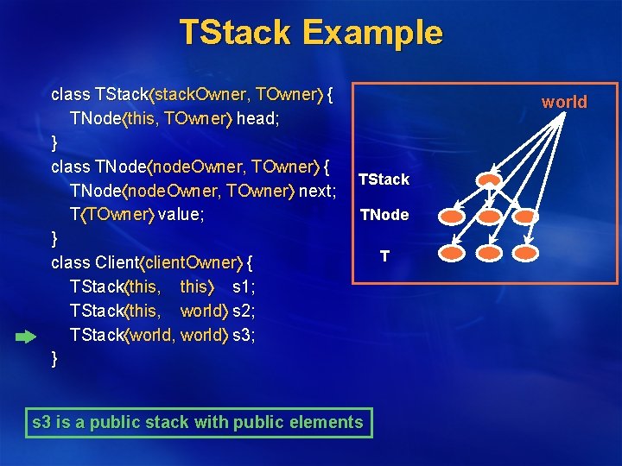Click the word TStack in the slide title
coord(233,33)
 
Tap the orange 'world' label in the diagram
coord(564,102)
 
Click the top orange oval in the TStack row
coord(490,180)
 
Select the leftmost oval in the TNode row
coord(451,216)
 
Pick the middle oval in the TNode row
coord(490,216)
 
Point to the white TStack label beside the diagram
coord(384,179)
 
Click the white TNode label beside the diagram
coord(384,215)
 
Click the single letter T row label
coord(384,256)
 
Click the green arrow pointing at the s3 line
coord(26,337)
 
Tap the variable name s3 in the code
coord(244,334)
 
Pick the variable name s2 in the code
coord(244,310)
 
